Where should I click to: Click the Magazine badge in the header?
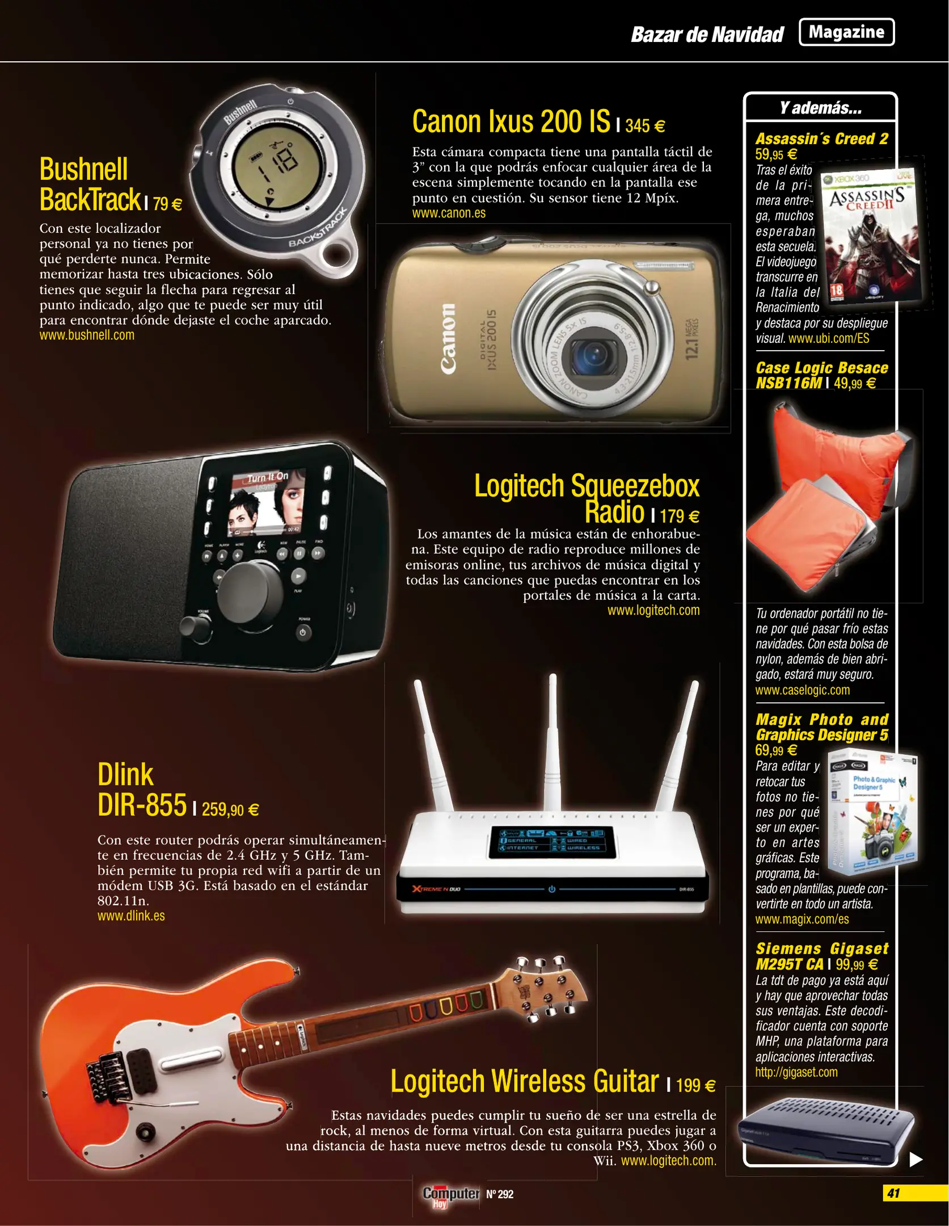click(x=846, y=32)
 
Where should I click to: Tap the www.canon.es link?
click(x=449, y=213)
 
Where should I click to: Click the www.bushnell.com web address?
click(x=87, y=335)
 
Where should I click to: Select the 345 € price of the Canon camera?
click(x=645, y=125)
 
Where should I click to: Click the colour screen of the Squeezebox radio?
click(x=267, y=503)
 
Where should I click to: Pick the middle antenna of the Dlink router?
click(x=552, y=744)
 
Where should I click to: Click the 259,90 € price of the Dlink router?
click(x=230, y=809)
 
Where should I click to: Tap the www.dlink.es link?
click(x=131, y=916)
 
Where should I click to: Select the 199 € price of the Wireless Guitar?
click(x=696, y=1085)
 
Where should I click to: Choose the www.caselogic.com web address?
click(x=802, y=690)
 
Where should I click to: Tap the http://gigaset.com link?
click(x=796, y=1072)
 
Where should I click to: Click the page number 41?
click(x=894, y=1193)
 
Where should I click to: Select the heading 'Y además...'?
click(x=820, y=108)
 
